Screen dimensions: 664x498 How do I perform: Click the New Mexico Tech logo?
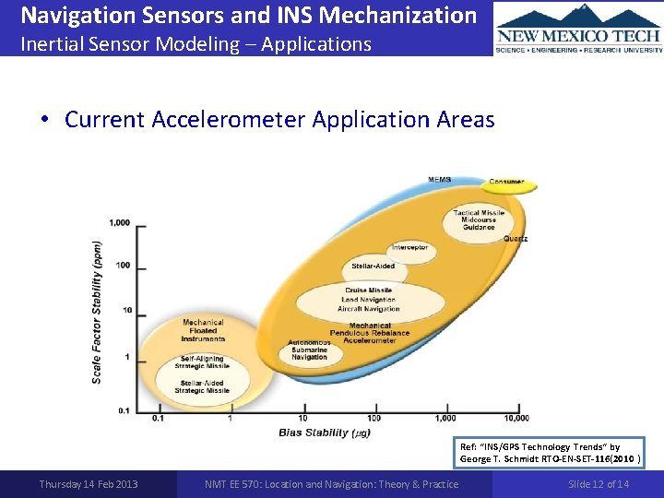tap(578, 28)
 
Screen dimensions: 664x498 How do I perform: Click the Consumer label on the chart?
tap(506, 182)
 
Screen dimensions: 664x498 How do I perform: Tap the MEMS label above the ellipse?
tap(439, 179)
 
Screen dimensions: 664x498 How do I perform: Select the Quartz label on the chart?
tap(516, 239)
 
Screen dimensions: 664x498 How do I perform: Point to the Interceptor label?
tap(409, 247)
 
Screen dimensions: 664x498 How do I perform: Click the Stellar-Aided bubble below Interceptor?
tap(373, 266)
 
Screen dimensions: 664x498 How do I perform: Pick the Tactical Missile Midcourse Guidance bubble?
tap(479, 219)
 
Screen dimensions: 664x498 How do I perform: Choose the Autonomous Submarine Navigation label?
tap(311, 350)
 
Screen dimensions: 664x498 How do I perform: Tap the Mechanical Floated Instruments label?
tap(203, 331)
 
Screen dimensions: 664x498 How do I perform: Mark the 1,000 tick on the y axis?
tap(119, 222)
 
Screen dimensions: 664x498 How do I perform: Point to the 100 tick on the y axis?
tap(122, 266)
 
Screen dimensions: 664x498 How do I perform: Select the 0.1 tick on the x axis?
tap(159, 419)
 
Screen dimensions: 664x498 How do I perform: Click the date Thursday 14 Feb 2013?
tap(89, 484)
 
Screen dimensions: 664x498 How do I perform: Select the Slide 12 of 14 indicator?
tap(599, 484)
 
